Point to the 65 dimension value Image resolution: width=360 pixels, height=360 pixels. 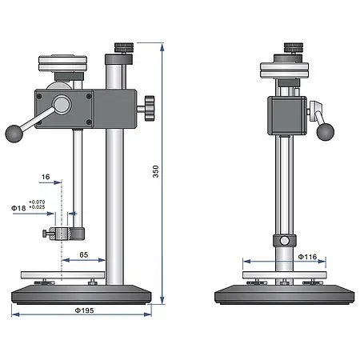coord(83,254)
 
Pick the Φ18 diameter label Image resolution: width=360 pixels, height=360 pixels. coord(19,208)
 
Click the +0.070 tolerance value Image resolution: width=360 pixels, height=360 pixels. coord(38,202)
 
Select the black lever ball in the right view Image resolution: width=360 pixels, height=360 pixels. coord(324,131)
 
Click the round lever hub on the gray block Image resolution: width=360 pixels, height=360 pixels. coord(61,104)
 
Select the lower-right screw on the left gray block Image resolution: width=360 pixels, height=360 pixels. coord(87,122)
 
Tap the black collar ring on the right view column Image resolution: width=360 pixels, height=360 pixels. coord(284,241)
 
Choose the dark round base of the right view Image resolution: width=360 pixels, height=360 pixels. coord(284,294)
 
